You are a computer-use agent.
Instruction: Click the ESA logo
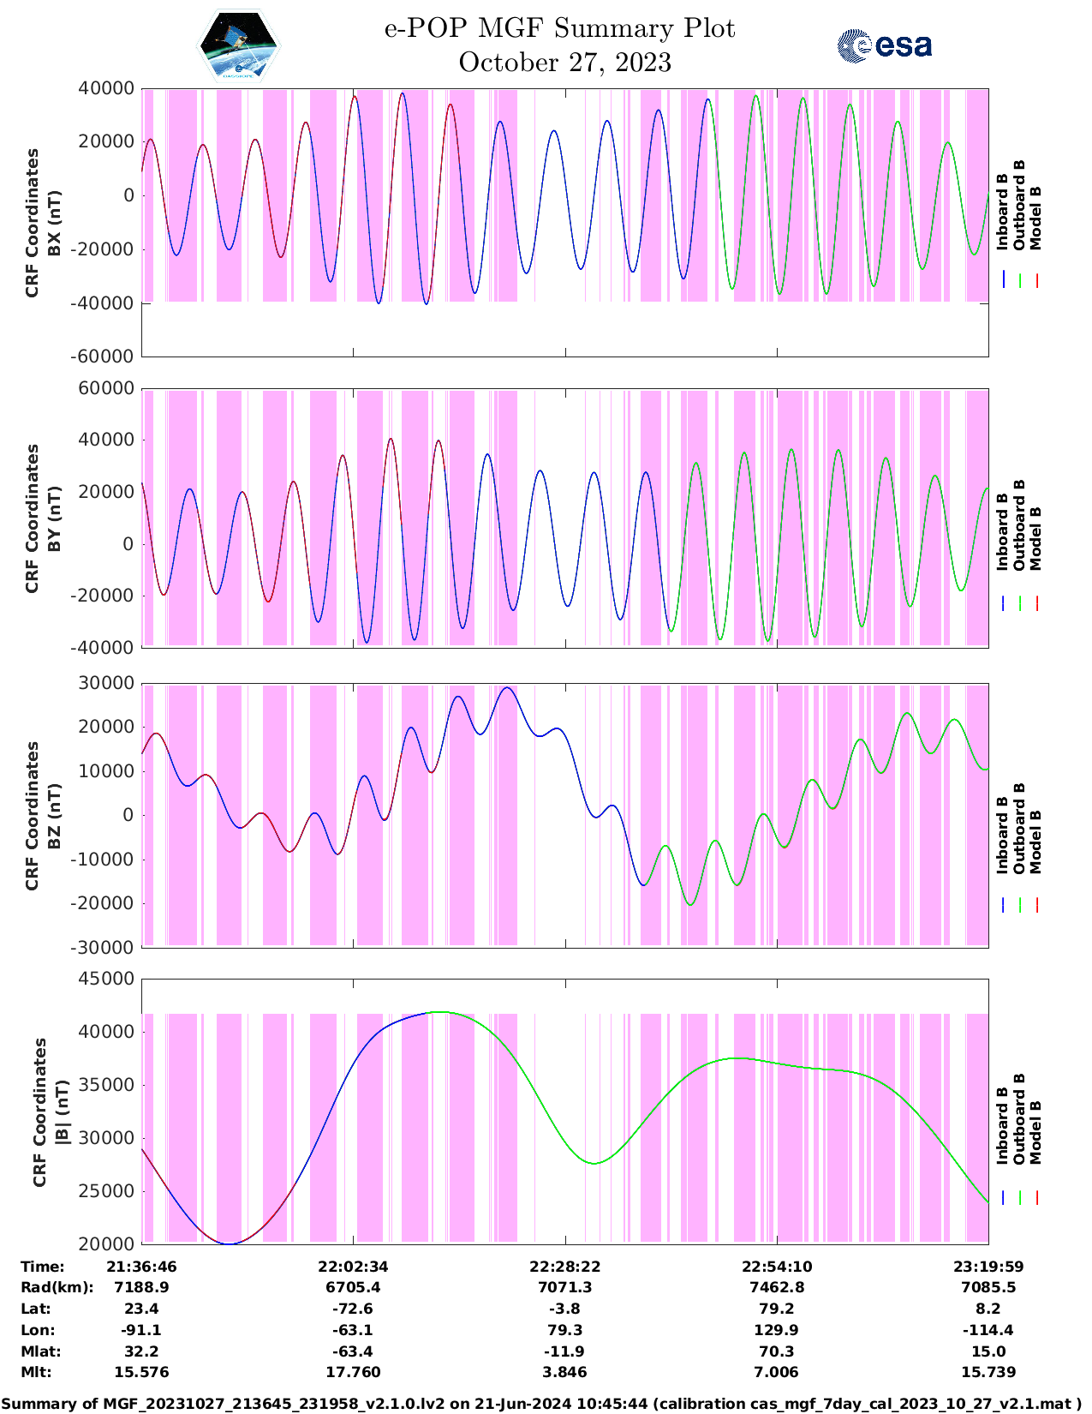[x=884, y=45]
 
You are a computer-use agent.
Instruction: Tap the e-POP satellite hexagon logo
[x=239, y=45]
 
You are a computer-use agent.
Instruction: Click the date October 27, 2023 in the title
[x=564, y=63]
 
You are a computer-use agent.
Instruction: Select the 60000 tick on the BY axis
[x=105, y=388]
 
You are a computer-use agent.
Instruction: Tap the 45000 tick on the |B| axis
[x=105, y=979]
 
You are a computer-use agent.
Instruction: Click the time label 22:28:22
[x=565, y=1267]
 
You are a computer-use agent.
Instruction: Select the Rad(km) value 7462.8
[x=777, y=1287]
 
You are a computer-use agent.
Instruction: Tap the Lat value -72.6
[x=353, y=1309]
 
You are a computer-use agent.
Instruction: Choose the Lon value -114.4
[x=988, y=1330]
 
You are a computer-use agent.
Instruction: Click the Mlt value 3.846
[x=565, y=1372]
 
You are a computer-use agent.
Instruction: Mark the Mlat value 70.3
[x=777, y=1351]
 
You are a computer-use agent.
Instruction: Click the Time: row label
[x=43, y=1267]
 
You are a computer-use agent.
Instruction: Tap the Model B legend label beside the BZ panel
[x=1035, y=842]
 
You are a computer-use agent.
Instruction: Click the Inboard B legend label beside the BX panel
[x=1002, y=212]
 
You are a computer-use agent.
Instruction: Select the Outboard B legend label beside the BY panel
[x=1019, y=524]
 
